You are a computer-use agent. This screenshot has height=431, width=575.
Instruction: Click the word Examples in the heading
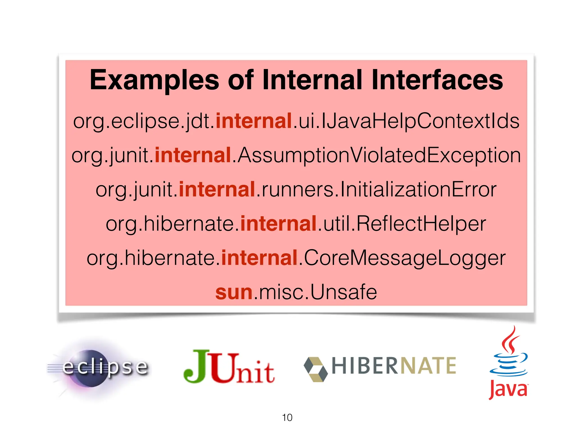coord(154,81)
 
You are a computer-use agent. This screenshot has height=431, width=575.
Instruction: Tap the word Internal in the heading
coord(312,81)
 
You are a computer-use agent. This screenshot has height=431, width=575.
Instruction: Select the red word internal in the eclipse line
coord(254,121)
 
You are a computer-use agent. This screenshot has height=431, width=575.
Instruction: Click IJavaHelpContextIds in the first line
coord(420,121)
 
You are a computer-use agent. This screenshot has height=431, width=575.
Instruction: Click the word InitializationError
coord(418,189)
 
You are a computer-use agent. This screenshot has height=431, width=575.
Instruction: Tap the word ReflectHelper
coord(421,224)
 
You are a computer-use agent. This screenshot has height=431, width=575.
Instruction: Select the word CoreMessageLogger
coord(404,258)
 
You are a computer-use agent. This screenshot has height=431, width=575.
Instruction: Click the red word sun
coord(234,292)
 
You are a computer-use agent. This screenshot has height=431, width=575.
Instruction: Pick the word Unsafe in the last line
coord(343,292)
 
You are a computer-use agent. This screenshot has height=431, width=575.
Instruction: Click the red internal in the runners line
coord(217,189)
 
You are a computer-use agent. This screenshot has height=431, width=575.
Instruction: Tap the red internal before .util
coord(279,224)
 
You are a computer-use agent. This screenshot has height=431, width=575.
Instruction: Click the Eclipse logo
coord(98,368)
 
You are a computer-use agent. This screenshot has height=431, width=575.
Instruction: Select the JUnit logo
coord(229,367)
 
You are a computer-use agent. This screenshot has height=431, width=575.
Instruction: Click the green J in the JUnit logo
coord(197,366)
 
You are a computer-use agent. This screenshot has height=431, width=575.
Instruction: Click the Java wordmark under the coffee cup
coord(508,389)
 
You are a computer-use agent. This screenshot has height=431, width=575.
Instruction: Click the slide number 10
coord(287,418)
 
